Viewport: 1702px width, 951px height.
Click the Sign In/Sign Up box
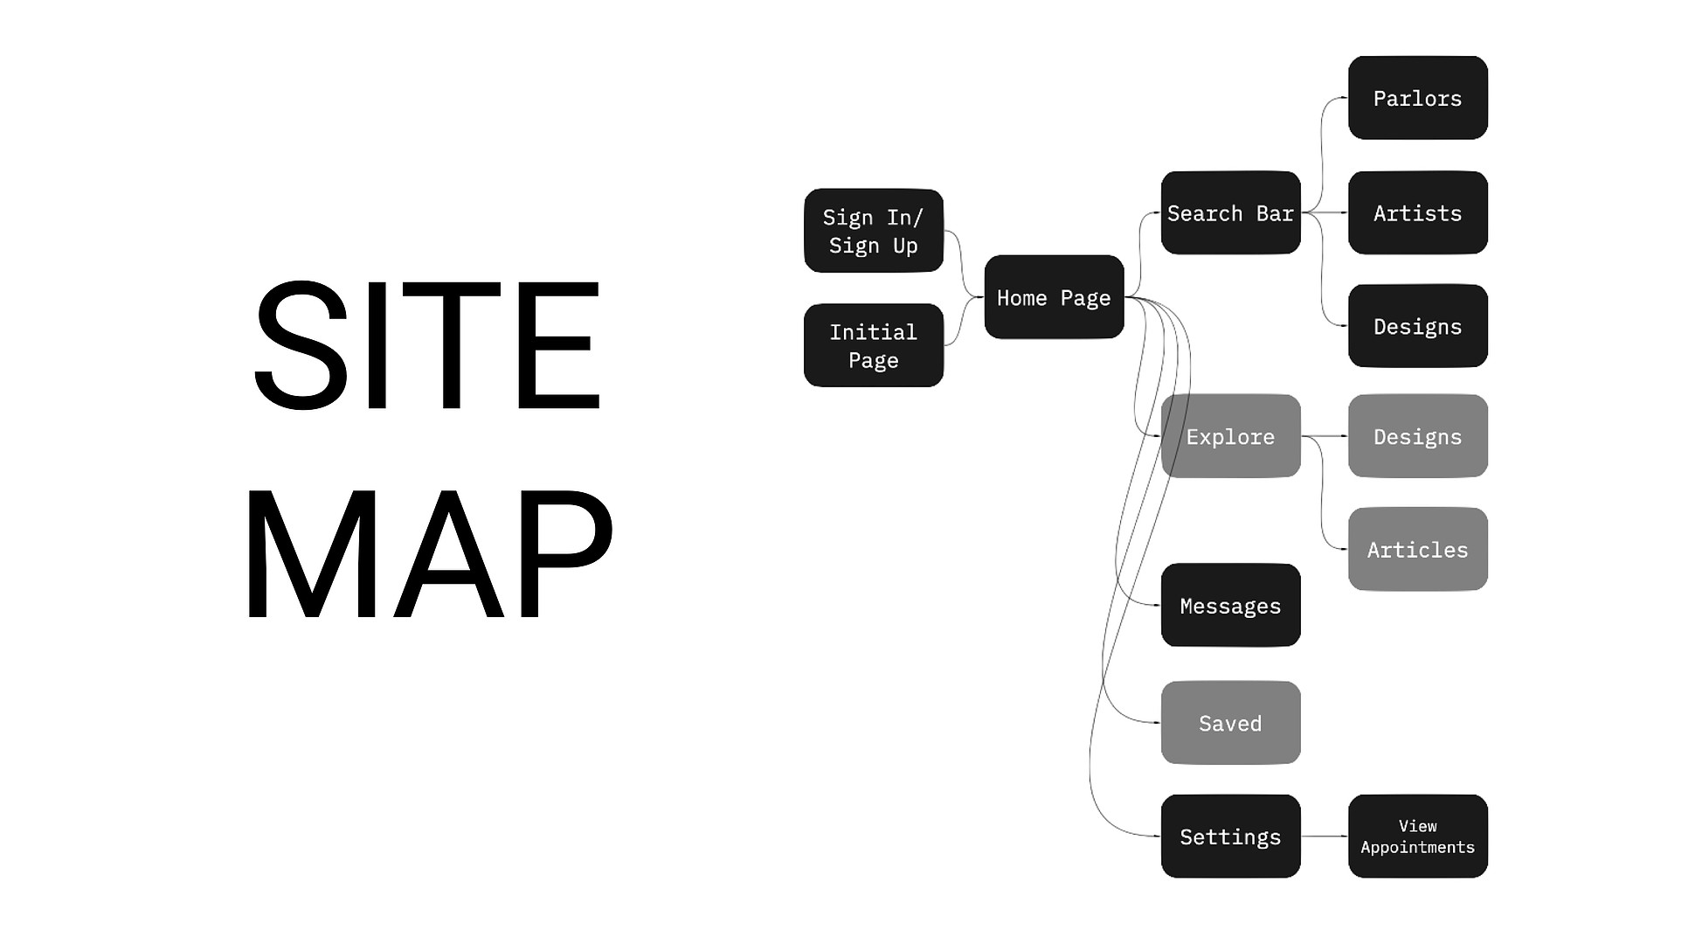coord(873,231)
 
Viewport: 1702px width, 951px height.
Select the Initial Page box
coord(873,345)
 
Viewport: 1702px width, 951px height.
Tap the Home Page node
coord(1054,297)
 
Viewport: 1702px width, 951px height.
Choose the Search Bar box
coord(1230,212)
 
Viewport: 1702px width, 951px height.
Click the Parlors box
coord(1417,98)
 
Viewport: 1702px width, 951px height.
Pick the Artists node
coord(1417,212)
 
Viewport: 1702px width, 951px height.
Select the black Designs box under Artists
coord(1417,326)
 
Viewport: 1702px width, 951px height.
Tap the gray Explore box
coord(1230,436)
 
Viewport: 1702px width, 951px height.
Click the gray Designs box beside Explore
coord(1417,436)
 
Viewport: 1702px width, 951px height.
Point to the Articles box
coord(1417,549)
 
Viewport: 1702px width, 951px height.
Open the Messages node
coord(1230,605)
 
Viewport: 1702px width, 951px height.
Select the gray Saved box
coord(1230,723)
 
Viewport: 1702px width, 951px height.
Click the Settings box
coord(1230,836)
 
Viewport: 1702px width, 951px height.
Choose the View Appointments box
coord(1417,836)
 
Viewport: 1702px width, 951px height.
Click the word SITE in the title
coord(426,345)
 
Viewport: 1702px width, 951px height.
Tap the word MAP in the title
coord(428,553)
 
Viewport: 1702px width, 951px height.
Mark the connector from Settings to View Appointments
coord(1325,836)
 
